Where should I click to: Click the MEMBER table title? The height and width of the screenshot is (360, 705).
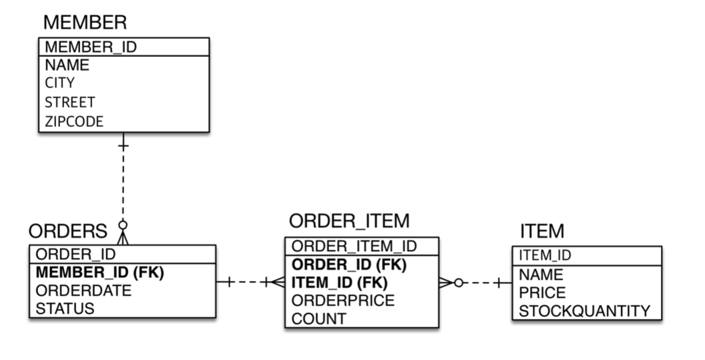click(x=84, y=22)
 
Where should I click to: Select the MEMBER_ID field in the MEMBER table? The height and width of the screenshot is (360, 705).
click(x=91, y=47)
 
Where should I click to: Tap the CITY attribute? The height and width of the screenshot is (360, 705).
click(x=59, y=83)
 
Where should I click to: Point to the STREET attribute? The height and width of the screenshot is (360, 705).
click(x=69, y=102)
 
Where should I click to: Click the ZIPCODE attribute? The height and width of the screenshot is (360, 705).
click(x=74, y=121)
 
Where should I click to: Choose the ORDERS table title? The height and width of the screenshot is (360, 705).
click(x=67, y=231)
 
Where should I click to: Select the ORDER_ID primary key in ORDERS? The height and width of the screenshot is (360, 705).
click(x=75, y=254)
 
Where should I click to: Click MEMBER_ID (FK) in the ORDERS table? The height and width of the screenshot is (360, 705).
click(x=99, y=273)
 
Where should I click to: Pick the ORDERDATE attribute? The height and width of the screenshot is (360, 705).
click(x=83, y=291)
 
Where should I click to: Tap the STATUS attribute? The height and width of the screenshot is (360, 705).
click(x=65, y=309)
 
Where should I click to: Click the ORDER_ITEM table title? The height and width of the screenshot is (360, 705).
click(x=349, y=221)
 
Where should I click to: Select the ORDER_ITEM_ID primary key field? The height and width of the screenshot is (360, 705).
click(x=354, y=246)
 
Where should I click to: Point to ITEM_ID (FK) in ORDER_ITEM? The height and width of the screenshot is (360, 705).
click(x=340, y=283)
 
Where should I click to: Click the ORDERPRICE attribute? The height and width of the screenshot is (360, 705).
click(x=343, y=301)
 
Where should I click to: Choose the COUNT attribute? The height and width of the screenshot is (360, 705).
click(x=318, y=319)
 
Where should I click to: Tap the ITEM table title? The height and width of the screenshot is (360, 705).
click(x=541, y=232)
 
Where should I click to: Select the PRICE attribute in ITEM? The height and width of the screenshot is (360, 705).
click(x=542, y=293)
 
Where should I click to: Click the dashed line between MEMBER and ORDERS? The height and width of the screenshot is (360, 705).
click(x=123, y=184)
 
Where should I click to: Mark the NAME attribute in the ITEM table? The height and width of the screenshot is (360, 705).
click(x=541, y=275)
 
